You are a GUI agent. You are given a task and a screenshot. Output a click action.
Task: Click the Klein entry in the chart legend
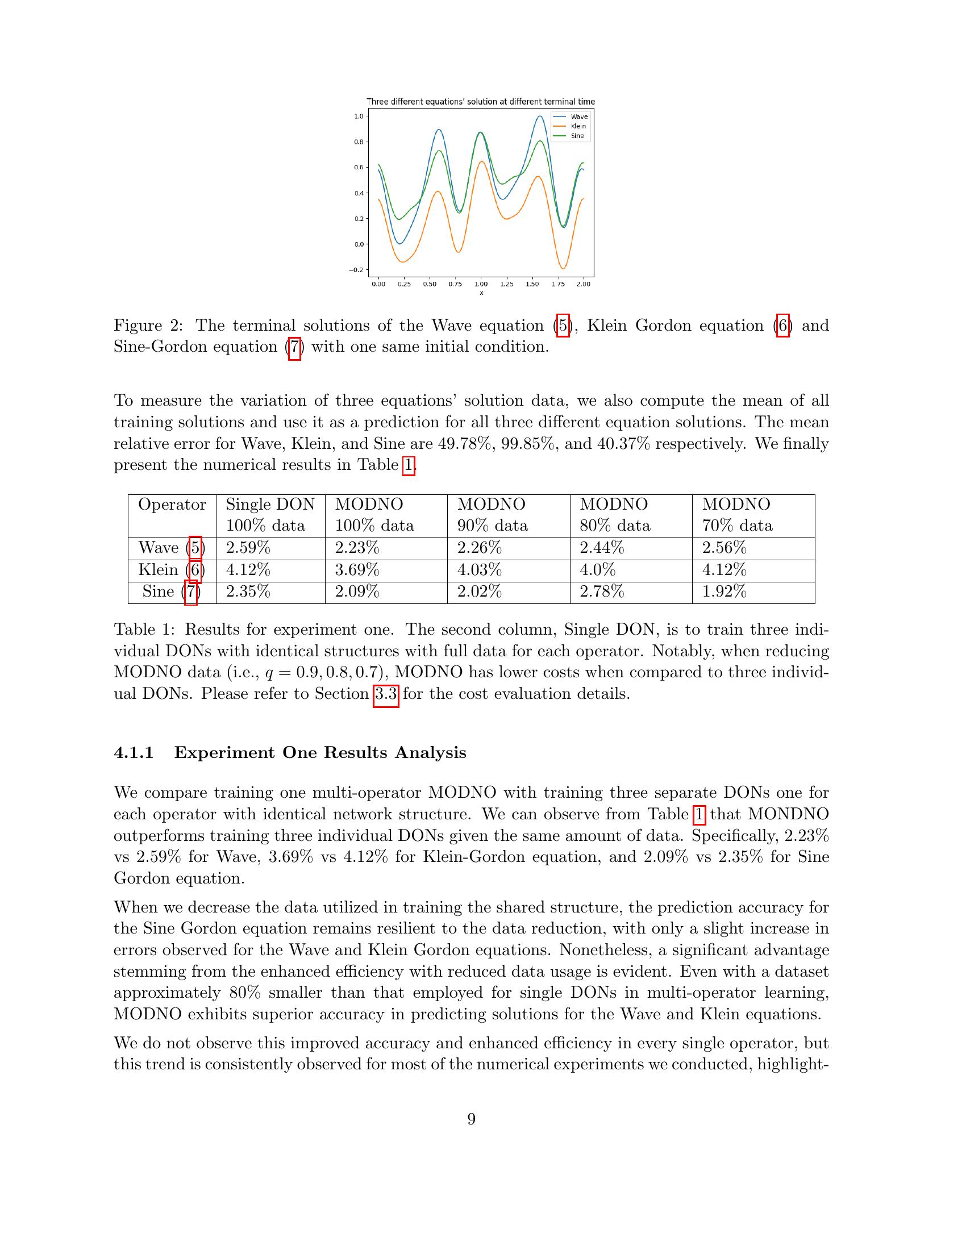tap(578, 126)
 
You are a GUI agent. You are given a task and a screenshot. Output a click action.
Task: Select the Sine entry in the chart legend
tap(577, 136)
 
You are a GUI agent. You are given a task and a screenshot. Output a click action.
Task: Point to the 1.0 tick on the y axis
tap(359, 116)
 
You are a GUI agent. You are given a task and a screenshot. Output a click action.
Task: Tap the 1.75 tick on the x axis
tap(557, 284)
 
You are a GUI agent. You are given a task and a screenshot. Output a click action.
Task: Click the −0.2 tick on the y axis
tap(356, 270)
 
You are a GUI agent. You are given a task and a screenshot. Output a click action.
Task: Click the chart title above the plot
tap(481, 101)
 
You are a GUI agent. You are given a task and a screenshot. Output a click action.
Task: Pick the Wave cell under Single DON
tap(248, 548)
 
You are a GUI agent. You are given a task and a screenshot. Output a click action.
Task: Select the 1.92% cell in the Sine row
tap(724, 591)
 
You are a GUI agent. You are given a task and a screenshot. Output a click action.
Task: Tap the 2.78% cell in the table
tap(601, 591)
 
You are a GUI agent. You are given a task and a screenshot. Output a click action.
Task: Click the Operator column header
tap(172, 504)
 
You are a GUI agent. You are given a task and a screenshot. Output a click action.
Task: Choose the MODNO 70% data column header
tap(737, 515)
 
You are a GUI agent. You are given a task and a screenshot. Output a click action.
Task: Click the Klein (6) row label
tap(172, 569)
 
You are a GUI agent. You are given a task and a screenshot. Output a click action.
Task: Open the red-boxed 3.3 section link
tap(386, 694)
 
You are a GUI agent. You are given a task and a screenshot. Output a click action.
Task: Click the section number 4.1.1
tap(134, 752)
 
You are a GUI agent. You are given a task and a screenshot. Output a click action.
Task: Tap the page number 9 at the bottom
tap(471, 1119)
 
